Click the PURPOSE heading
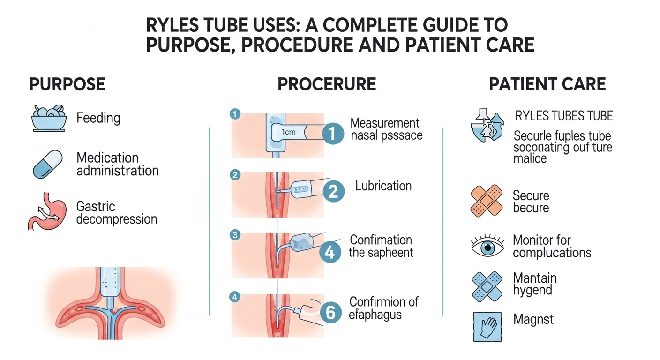point(67,84)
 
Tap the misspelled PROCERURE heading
point(326,84)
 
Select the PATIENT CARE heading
point(547,84)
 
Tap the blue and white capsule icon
point(48,164)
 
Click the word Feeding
point(98,118)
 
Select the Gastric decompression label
point(116,213)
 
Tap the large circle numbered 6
point(330,313)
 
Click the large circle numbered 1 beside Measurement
point(332,134)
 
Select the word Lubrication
point(383,186)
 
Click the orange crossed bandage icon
point(486,200)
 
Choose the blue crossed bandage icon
point(486,285)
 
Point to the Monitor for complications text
point(552,247)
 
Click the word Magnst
point(533,320)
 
